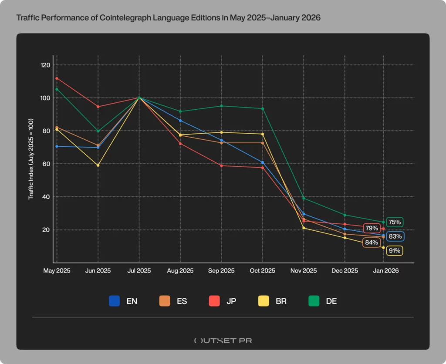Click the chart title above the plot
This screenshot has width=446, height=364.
(168, 18)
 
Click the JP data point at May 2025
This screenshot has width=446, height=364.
(57, 78)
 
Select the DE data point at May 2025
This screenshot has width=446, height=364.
(57, 89)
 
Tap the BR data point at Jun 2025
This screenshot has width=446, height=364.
(98, 165)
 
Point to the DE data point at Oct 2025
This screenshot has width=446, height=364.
(263, 108)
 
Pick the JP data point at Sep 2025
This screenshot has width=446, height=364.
(221, 165)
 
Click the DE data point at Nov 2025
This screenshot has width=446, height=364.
(304, 199)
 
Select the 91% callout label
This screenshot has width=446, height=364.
(394, 251)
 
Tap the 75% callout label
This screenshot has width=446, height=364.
(394, 222)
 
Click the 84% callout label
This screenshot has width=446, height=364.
(371, 243)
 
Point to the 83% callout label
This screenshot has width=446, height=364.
(395, 236)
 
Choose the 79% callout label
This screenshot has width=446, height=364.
(372, 228)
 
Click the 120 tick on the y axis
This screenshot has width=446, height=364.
(46, 65)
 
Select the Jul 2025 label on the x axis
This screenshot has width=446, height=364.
(139, 271)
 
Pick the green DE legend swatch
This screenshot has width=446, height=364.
(314, 301)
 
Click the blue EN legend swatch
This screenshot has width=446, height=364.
(115, 301)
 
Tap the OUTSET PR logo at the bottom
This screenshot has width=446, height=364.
(223, 340)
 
